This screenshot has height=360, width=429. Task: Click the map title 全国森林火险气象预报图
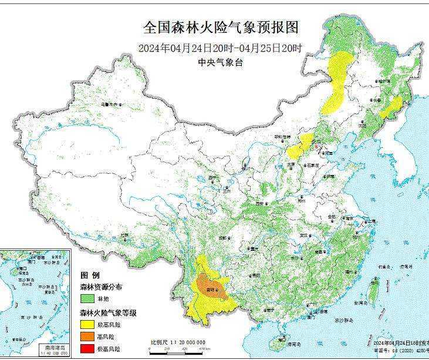tap(222, 28)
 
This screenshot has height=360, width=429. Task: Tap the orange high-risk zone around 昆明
tap(211, 286)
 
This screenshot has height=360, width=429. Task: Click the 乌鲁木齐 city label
tap(110, 104)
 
